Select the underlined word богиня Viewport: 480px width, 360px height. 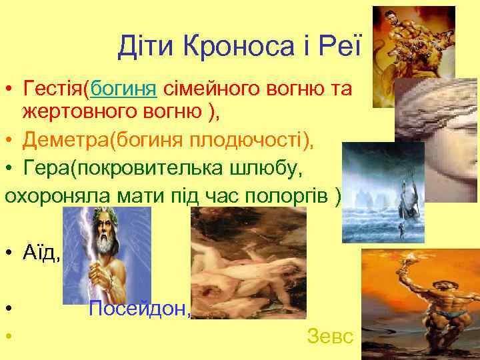tap(124, 88)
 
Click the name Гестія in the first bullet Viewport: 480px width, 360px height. tap(55, 88)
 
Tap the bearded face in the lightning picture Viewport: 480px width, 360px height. tap(110, 237)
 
